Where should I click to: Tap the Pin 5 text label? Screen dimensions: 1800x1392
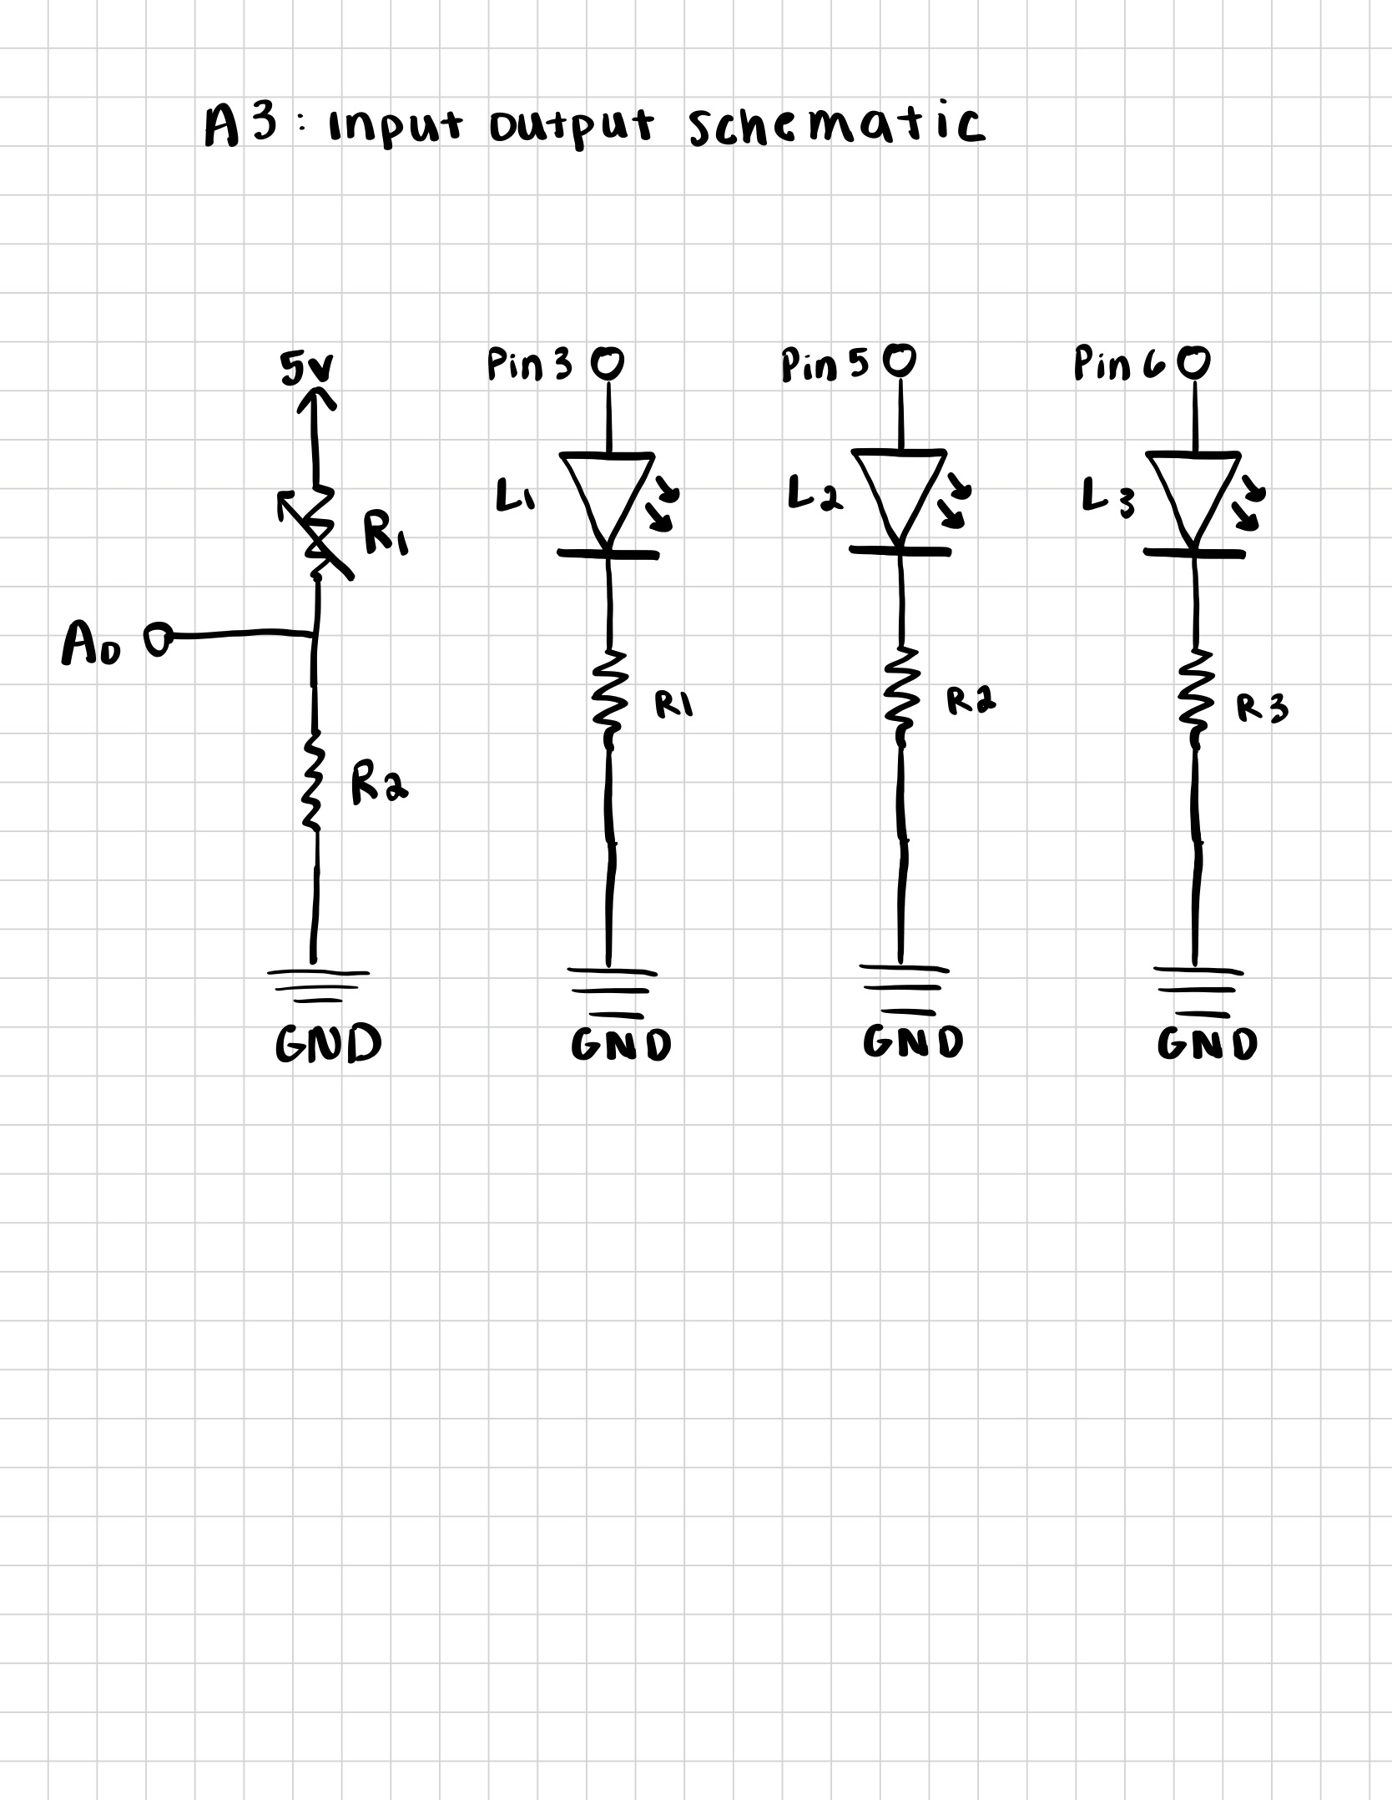click(x=825, y=365)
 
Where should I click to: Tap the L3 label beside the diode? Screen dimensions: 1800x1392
click(x=1108, y=497)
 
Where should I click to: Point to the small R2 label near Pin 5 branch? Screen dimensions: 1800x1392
click(x=971, y=701)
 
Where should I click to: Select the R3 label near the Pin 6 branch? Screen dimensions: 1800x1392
click(x=1262, y=708)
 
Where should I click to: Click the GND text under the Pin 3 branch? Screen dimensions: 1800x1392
click(x=621, y=1044)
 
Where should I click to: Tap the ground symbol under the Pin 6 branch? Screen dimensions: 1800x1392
click(x=1198, y=991)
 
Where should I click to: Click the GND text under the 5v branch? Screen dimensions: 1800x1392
click(x=328, y=1044)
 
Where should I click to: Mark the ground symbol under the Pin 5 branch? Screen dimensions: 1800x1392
click(x=903, y=989)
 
